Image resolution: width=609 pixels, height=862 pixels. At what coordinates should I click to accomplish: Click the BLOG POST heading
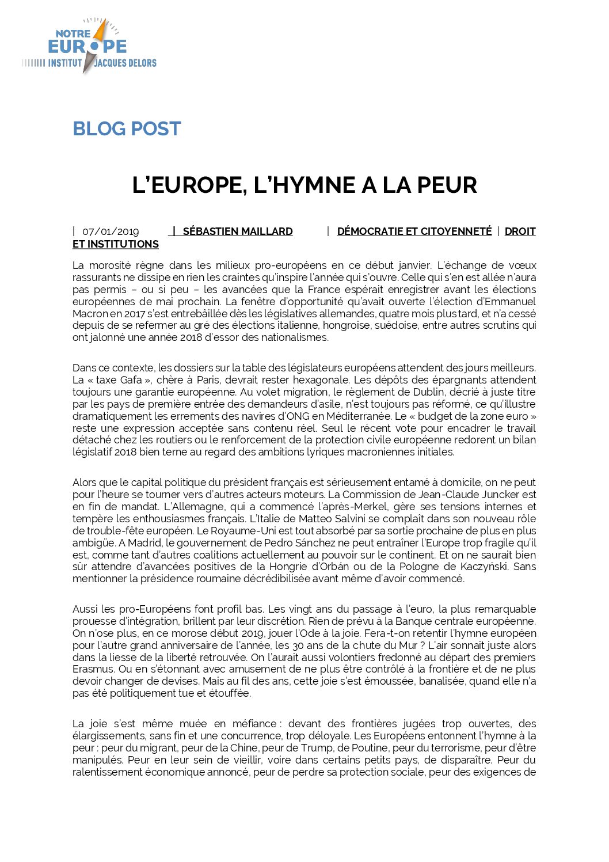pyautogui.click(x=127, y=128)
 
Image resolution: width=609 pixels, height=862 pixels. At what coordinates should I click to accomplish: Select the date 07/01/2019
pyautogui.click(x=111, y=231)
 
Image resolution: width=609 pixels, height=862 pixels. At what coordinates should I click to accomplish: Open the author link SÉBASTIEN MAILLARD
pyautogui.click(x=237, y=231)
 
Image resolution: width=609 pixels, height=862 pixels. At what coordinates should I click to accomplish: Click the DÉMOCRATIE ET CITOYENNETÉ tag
pyautogui.click(x=414, y=231)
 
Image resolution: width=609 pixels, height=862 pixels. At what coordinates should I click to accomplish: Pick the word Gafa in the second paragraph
pyautogui.click(x=131, y=380)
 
